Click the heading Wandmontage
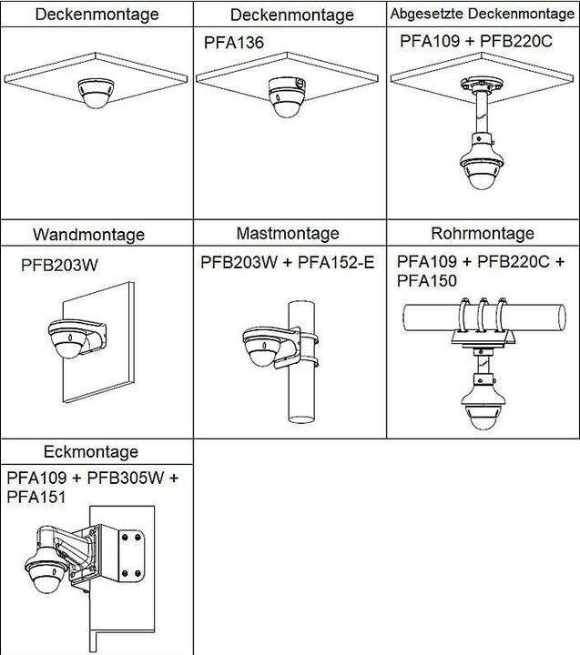point(88,235)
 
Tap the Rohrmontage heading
point(483,234)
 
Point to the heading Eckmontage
point(91,452)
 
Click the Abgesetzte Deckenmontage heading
point(483,15)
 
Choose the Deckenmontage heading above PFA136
point(291,15)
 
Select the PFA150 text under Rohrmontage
point(427,281)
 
